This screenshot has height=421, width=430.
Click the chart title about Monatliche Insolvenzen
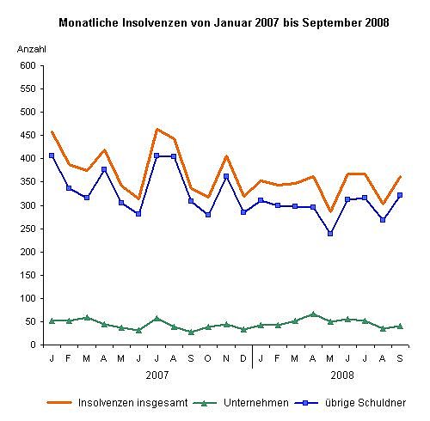pos(223,21)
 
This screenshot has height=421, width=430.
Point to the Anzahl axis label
pos(31,50)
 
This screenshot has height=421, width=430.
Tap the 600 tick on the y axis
pos(28,65)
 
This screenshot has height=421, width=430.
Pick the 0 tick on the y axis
pos(33,345)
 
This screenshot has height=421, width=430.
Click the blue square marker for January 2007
pos(52,156)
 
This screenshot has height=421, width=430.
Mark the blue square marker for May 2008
pos(330,233)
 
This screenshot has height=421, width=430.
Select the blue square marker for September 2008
pos(400,195)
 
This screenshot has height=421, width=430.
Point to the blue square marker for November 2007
pos(226,176)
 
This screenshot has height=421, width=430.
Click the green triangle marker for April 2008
pos(313,314)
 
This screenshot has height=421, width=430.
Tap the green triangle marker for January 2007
pos(52,320)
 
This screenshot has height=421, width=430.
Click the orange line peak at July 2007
pos(157,129)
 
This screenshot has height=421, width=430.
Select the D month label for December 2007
pos(243,357)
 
